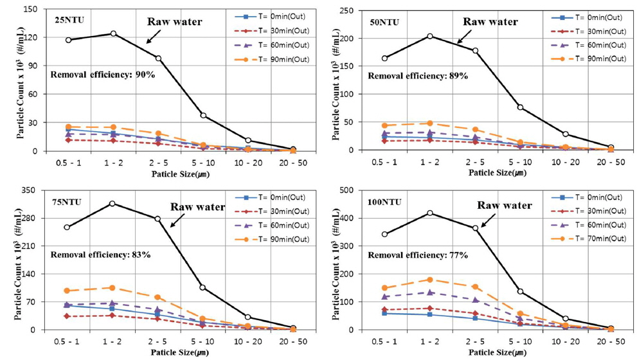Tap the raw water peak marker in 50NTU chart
(x=430, y=36)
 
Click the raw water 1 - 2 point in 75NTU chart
(x=112, y=204)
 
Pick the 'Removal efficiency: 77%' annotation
(x=418, y=255)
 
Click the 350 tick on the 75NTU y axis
(x=37, y=190)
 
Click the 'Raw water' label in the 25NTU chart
(x=175, y=22)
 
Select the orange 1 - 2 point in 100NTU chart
(x=430, y=280)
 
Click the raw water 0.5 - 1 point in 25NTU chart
(x=67, y=40)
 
